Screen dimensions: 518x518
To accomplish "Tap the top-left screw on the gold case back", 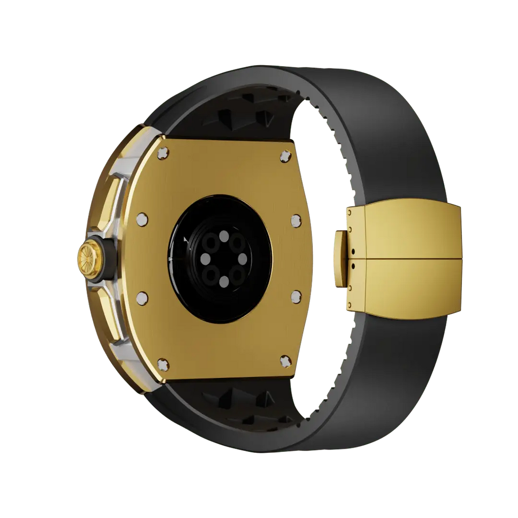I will tap(162, 152).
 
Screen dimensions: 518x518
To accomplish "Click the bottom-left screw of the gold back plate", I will tap(162, 362).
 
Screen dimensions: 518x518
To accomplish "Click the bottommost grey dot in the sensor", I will tap(223, 282).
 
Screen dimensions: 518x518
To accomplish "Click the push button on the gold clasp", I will tap(339, 258).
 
